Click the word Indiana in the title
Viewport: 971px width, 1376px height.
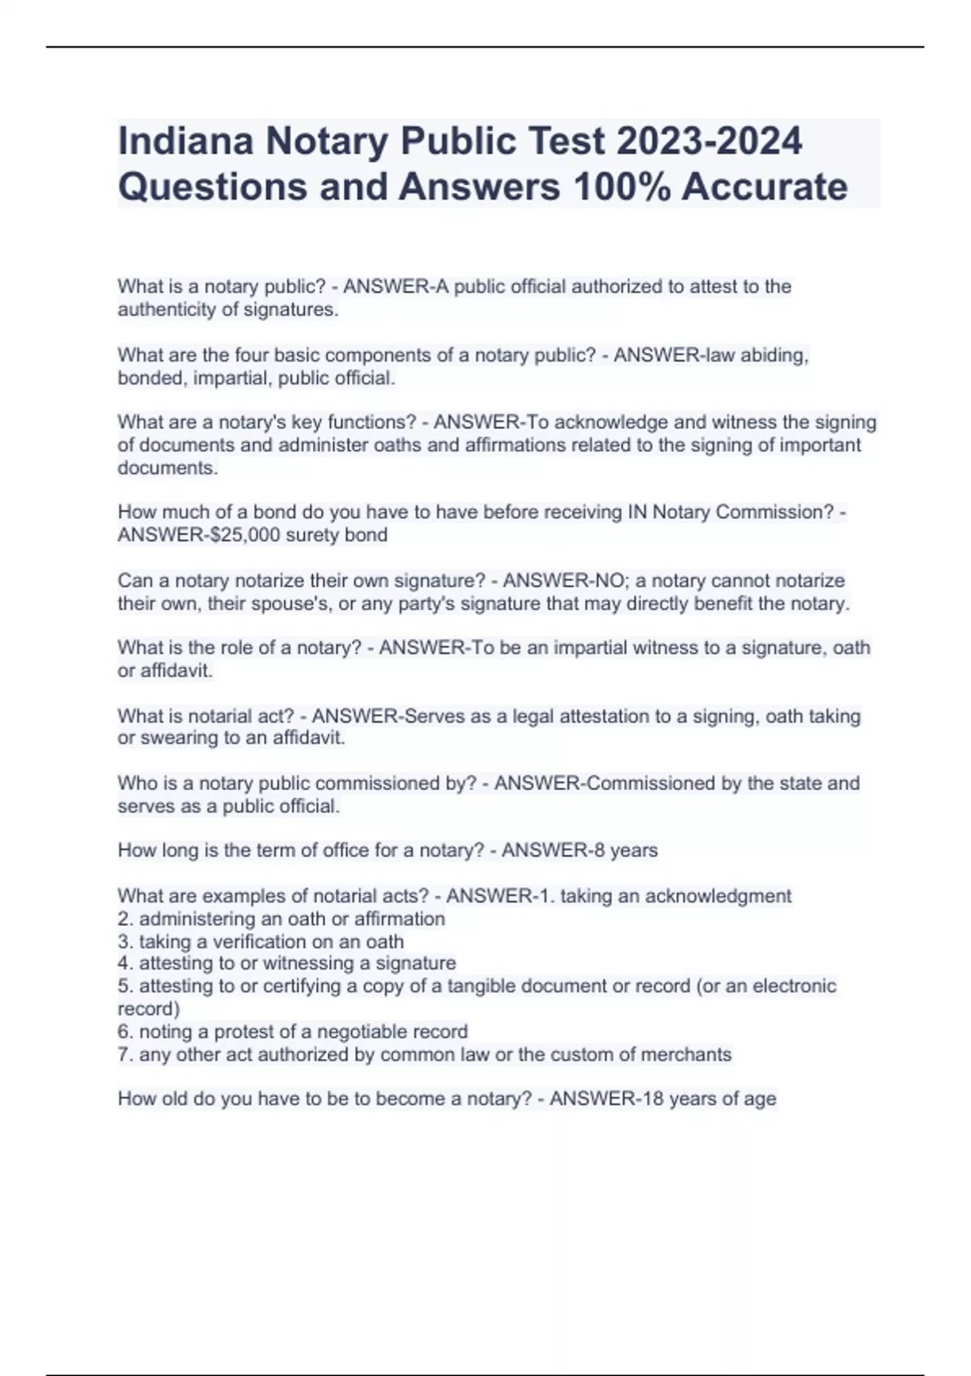(185, 141)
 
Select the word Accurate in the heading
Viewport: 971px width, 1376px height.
(765, 187)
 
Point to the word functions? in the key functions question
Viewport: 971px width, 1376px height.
(371, 423)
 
